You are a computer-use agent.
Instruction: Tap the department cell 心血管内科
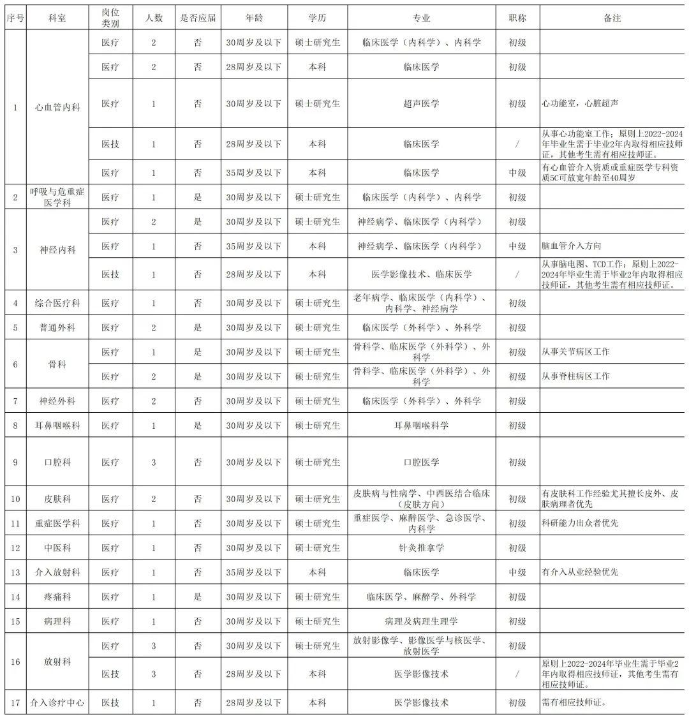[x=57, y=107]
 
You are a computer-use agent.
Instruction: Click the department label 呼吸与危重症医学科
[x=57, y=197]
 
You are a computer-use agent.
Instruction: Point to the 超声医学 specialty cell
[x=421, y=103]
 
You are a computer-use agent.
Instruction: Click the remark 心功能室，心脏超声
[x=579, y=103]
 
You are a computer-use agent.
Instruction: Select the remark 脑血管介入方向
[x=571, y=246]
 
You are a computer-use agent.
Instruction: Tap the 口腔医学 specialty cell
[x=421, y=462]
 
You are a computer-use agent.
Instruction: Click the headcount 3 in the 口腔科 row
[x=154, y=462]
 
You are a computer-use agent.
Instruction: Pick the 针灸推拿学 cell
[x=421, y=548]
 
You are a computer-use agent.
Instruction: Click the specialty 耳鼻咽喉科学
[x=421, y=426]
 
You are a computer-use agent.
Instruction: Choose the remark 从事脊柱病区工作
[x=575, y=376]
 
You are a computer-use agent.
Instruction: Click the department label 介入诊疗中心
[x=57, y=703]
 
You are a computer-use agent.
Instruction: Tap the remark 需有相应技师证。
[x=574, y=703]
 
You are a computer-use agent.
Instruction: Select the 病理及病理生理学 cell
[x=421, y=621]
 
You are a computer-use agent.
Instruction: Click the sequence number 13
[x=15, y=572]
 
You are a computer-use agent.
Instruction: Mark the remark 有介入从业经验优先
[x=579, y=572]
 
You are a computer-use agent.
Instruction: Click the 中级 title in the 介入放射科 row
[x=517, y=572]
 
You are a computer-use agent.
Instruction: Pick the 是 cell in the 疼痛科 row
[x=198, y=597]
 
